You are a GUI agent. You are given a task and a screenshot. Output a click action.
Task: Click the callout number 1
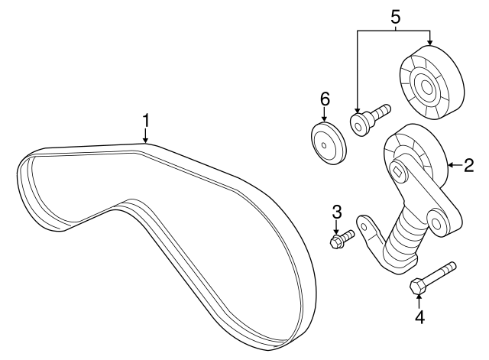(146, 121)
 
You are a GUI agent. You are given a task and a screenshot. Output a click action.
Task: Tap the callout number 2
(469, 164)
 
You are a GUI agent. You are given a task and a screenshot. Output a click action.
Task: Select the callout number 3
(335, 212)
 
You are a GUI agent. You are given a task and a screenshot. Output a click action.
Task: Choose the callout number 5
(395, 15)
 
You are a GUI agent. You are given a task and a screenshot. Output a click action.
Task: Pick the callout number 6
(324, 99)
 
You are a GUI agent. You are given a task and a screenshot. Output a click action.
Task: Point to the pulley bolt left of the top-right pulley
(368, 118)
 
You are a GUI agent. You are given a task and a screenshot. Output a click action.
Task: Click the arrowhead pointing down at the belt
(146, 139)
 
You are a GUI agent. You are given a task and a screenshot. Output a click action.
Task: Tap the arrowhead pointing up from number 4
(418, 297)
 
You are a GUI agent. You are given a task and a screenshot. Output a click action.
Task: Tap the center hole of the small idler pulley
(326, 142)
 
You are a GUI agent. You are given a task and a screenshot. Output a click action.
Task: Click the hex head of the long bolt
(417, 287)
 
